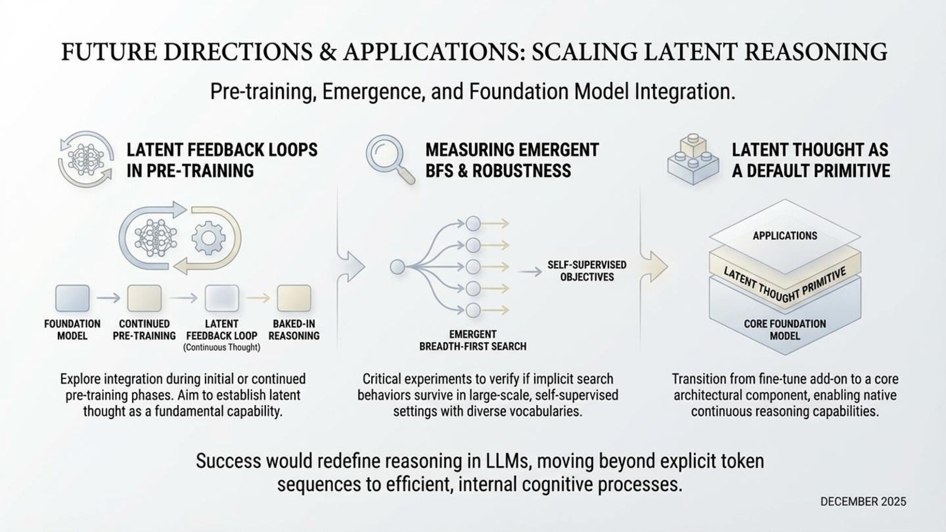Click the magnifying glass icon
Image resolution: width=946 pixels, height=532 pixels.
387,157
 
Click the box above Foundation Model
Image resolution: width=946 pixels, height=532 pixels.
72,298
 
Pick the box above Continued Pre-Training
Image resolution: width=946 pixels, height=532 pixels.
144,298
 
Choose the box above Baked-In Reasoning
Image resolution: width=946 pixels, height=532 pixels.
294,298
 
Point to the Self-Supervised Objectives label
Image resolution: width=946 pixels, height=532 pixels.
587,271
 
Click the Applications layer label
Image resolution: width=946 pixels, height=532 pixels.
784,236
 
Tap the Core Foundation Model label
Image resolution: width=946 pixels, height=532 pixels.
784,330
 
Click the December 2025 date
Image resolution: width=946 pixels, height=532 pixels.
863,501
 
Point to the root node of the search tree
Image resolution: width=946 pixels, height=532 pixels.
397,267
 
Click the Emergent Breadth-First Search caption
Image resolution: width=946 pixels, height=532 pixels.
473,340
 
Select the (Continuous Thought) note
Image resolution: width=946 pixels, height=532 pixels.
221,348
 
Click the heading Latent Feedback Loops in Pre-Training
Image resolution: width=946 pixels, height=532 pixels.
222,160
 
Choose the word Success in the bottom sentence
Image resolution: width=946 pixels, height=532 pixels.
229,461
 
